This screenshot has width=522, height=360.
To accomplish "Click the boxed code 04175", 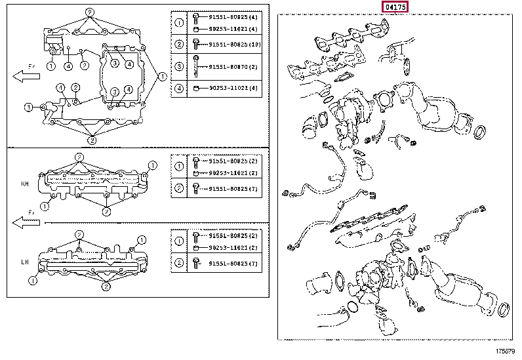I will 396,7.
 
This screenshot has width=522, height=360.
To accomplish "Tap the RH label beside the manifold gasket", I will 26,184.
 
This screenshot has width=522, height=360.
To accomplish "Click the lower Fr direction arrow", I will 27,222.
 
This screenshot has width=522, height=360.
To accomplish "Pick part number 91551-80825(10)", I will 235,45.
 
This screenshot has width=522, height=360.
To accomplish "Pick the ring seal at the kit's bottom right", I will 506,310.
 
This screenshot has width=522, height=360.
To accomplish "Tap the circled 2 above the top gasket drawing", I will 90,12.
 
